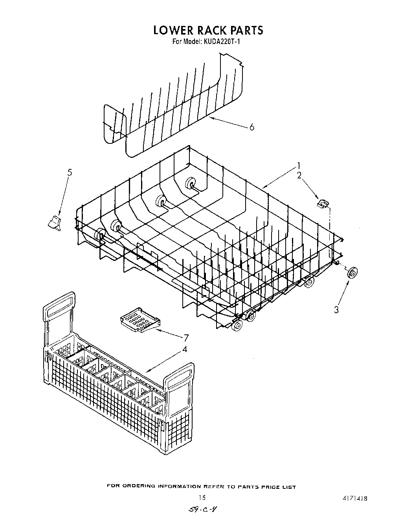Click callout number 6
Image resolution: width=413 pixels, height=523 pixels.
[x=251, y=127]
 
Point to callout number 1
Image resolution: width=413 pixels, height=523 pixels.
[x=299, y=165]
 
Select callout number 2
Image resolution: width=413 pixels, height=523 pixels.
[x=299, y=176]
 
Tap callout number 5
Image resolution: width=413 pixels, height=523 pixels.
[x=70, y=172]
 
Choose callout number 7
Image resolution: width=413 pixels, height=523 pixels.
[x=186, y=338]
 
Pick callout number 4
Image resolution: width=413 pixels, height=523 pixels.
[x=184, y=349]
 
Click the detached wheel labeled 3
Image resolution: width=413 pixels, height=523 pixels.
[x=352, y=272]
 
